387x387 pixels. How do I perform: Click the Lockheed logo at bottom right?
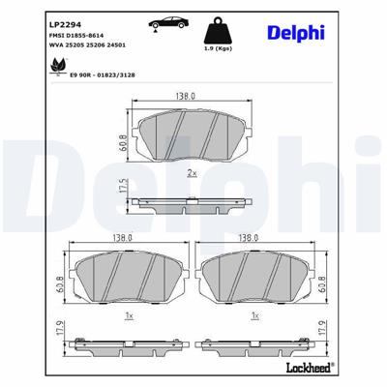pyautogui.click(x=338, y=369)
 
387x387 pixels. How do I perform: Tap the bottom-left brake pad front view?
pyautogui.click(x=131, y=276)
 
